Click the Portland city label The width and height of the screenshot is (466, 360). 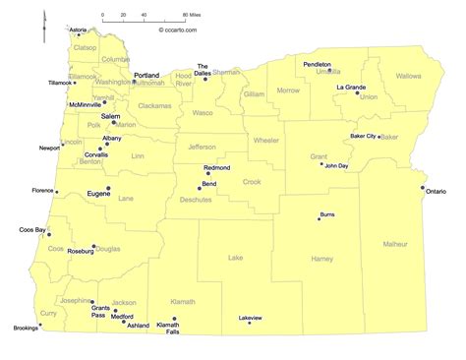(x=146, y=75)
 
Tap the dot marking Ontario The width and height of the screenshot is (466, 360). (x=424, y=188)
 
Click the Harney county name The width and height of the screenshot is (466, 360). (x=322, y=259)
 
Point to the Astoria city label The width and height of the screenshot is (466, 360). (x=78, y=30)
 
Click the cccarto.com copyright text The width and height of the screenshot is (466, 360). (x=178, y=30)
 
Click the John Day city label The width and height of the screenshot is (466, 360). (x=337, y=166)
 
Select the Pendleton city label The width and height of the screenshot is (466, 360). (x=318, y=63)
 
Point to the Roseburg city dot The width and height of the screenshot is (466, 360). (x=94, y=246)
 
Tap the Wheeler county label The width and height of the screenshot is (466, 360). (x=266, y=140)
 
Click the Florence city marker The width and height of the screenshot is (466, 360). (x=57, y=192)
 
